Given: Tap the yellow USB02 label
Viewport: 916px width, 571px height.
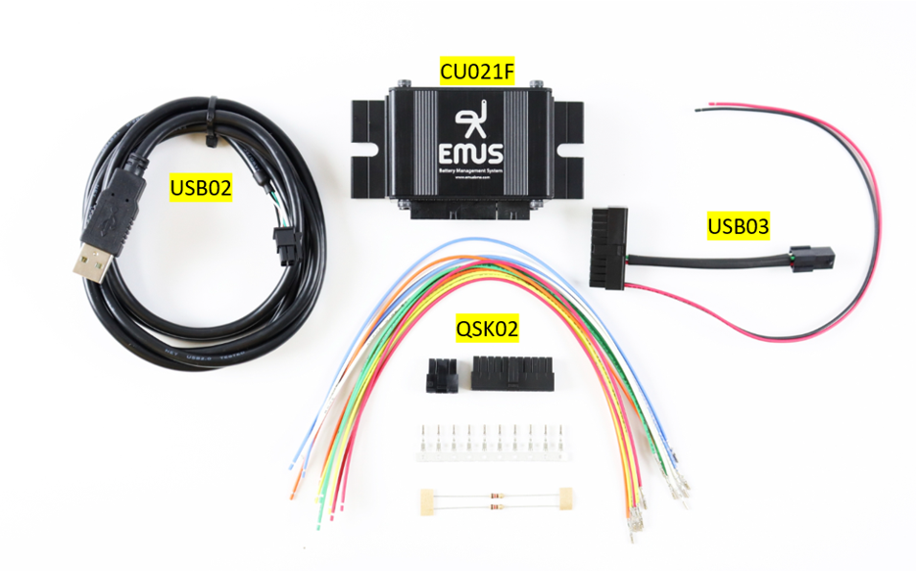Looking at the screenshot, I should pos(201,187).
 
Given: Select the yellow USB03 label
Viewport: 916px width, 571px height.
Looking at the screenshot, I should pos(738,227).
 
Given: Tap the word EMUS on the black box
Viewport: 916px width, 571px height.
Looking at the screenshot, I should pos(472,154).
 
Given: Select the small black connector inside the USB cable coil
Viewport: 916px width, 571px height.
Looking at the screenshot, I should pos(285,248).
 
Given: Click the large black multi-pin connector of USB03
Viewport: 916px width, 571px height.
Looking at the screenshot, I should pos(609,246).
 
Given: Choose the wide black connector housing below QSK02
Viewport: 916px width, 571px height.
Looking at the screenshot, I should pos(512,373).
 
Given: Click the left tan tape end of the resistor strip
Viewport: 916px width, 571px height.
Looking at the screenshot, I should pos(426,500).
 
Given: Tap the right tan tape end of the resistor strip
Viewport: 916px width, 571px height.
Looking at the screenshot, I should pos(564,499).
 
